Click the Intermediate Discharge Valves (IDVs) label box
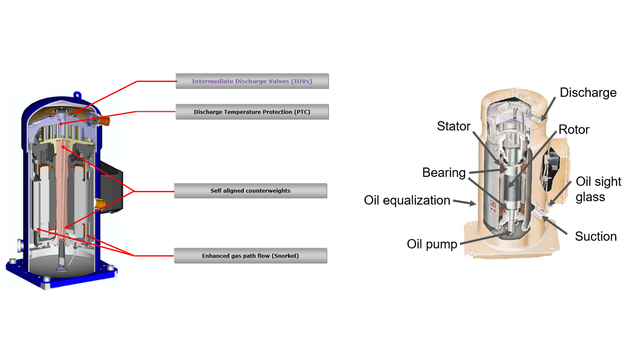[x=252, y=81]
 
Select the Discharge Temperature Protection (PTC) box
[x=252, y=112]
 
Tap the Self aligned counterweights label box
[x=250, y=191]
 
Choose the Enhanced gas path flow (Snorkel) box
[x=250, y=256]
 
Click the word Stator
[x=453, y=126]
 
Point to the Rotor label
[x=574, y=129]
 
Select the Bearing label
[x=444, y=172]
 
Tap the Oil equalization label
[x=407, y=200]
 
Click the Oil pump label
[x=432, y=244]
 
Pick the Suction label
[x=595, y=236]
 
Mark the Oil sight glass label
[x=598, y=189]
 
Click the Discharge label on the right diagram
[x=588, y=93]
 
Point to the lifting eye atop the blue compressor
[x=77, y=95]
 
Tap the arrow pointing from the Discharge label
[x=548, y=109]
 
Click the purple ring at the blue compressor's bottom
[x=61, y=270]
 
